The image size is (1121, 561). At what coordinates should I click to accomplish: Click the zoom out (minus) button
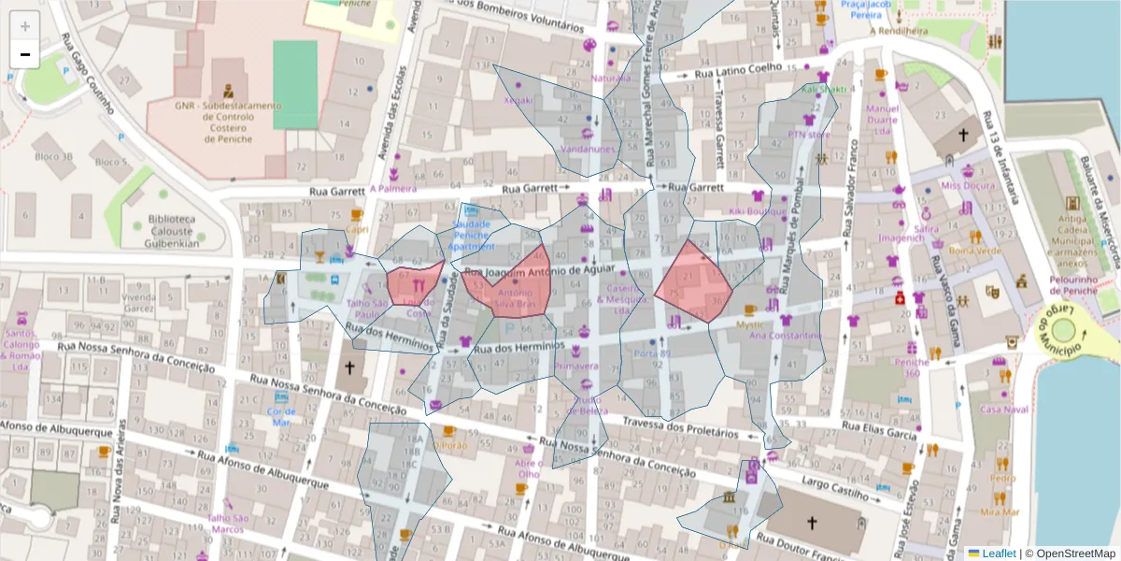(x=25, y=54)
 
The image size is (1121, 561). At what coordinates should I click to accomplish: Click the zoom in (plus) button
(x=25, y=26)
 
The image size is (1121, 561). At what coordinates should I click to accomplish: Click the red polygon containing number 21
(x=694, y=282)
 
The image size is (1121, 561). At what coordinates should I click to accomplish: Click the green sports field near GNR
(x=295, y=84)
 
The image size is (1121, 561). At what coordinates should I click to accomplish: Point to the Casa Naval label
(x=1003, y=409)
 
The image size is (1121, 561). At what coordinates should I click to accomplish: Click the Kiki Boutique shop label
(x=759, y=211)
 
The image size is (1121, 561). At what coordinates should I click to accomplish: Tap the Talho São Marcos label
(x=228, y=524)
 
